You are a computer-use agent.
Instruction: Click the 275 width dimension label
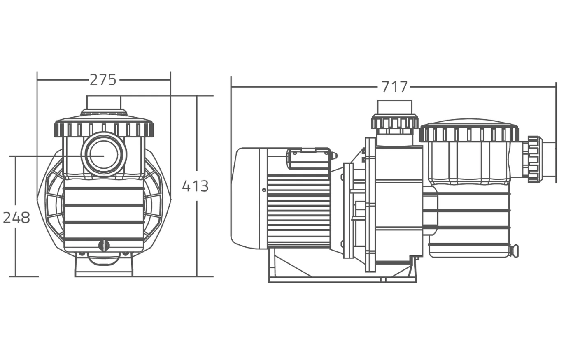(x=103, y=80)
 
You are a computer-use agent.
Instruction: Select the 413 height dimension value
(x=195, y=186)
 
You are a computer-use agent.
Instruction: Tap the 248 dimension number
(x=16, y=218)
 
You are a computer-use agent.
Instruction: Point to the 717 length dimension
(x=394, y=87)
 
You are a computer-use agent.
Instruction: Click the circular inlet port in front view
(x=104, y=154)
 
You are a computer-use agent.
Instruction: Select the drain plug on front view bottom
(x=104, y=246)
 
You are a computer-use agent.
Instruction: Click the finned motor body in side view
(x=298, y=210)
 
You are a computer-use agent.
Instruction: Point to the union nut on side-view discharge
(x=394, y=122)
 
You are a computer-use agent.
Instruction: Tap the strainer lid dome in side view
(x=468, y=123)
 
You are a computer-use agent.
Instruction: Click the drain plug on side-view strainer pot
(x=514, y=250)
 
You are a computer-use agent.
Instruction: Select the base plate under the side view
(x=342, y=280)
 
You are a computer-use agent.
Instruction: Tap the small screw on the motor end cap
(x=264, y=190)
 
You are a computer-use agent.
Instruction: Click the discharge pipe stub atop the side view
(x=394, y=107)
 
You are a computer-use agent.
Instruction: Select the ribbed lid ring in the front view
(x=104, y=129)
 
